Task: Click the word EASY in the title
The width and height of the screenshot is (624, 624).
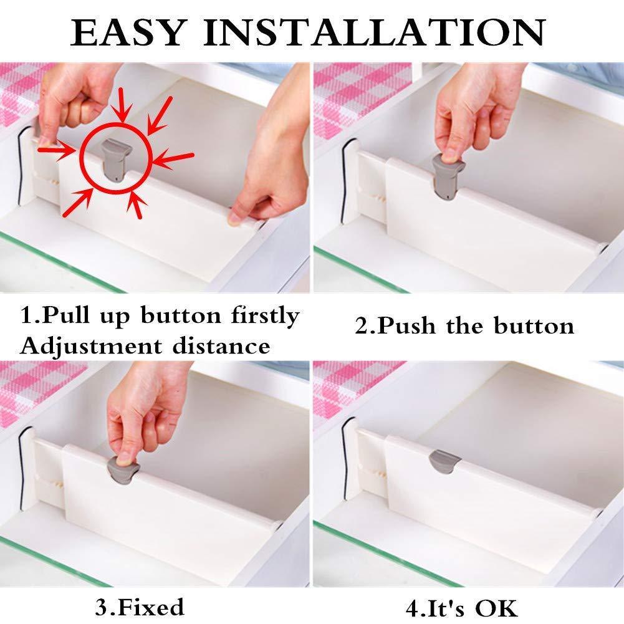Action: [x=128, y=32]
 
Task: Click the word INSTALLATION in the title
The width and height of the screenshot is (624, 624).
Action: [x=375, y=32]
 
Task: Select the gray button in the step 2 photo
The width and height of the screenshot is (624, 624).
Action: [x=448, y=176]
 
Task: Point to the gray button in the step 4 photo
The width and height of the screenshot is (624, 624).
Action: [x=444, y=462]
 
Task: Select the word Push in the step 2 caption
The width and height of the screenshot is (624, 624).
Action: [x=406, y=325]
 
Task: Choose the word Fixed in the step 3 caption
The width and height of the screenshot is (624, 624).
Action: [x=151, y=607]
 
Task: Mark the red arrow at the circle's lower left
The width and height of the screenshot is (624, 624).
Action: [x=78, y=203]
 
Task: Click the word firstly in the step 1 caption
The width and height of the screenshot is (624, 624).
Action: [x=265, y=317]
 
